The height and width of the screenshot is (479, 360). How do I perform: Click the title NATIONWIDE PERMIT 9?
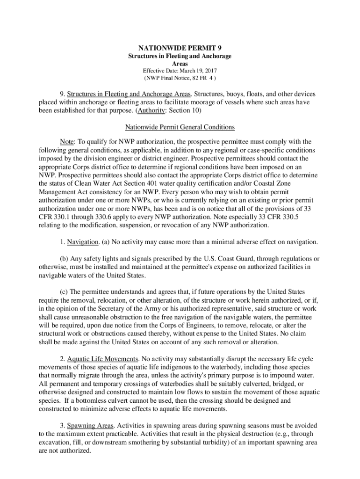180,48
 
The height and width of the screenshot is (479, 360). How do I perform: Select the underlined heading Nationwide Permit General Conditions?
180,127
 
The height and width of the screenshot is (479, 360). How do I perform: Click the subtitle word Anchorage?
215,56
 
